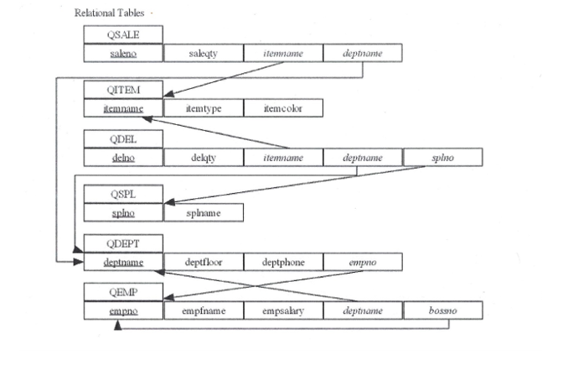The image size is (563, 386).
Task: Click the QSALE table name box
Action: coord(123,34)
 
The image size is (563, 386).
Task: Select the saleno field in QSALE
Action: coord(123,53)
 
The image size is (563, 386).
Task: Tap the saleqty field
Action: coord(203,53)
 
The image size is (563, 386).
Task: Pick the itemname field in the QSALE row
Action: coord(282,53)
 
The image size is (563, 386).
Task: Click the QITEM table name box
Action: coord(123,91)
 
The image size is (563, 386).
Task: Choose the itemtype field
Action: coord(203,108)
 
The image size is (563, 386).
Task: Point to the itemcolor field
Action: coord(282,108)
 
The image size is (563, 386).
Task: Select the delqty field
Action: coord(203,157)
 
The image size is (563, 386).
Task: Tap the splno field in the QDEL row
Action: coord(442,157)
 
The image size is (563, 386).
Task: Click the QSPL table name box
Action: coord(123,194)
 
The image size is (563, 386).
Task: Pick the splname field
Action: coord(203,212)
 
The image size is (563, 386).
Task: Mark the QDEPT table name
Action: coord(123,244)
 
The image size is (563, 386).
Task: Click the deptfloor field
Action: coord(203,262)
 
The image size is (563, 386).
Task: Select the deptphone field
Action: coord(282,262)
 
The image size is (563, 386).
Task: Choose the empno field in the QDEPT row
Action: coord(362,262)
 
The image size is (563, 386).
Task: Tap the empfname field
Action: coord(203,311)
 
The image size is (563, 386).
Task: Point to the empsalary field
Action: coord(282,311)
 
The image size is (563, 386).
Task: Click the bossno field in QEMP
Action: coord(442,311)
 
